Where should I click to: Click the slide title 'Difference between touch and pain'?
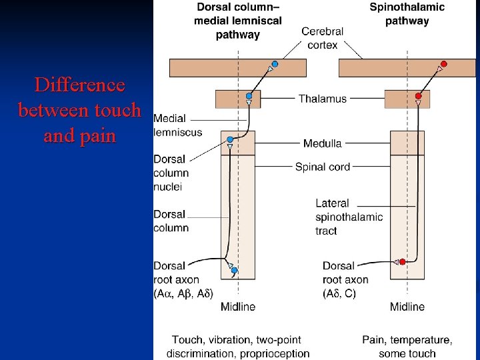pyautogui.click(x=79, y=111)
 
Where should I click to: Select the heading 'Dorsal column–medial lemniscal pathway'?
pyautogui.click(x=238, y=21)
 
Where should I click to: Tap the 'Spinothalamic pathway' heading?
pyautogui.click(x=407, y=14)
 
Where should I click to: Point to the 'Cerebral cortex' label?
pyautogui.click(x=323, y=38)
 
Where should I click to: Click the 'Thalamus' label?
pyautogui.click(x=323, y=99)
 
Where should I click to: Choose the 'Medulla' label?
pyautogui.click(x=323, y=143)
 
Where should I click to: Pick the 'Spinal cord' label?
pyautogui.click(x=323, y=167)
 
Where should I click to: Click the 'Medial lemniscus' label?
pyautogui.click(x=177, y=125)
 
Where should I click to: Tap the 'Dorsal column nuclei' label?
pyautogui.click(x=171, y=173)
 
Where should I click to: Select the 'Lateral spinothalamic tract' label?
pyautogui.click(x=349, y=217)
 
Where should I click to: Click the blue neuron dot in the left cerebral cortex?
pyautogui.click(x=275, y=64)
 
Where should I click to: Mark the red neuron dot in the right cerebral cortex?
pyautogui.click(x=444, y=64)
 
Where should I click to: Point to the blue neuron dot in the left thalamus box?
pyautogui.click(x=249, y=96)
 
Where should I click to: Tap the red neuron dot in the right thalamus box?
pyautogui.click(x=419, y=96)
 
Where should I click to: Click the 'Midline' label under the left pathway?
pyautogui.click(x=239, y=307)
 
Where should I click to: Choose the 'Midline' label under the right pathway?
pyautogui.click(x=407, y=307)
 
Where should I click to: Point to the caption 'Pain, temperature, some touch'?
pyautogui.click(x=407, y=347)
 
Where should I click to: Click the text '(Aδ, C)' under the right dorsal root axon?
pyautogui.click(x=339, y=293)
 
